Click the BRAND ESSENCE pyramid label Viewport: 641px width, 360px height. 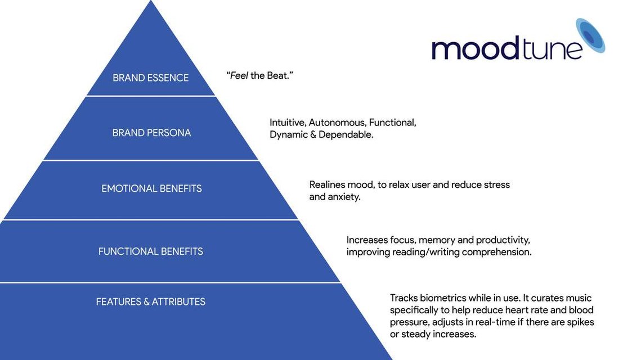[150, 78]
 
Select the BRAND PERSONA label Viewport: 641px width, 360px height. [151, 133]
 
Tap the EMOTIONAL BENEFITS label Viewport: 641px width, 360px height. [151, 188]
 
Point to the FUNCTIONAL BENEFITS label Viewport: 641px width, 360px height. [150, 251]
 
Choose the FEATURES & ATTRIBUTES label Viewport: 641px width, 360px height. [150, 301]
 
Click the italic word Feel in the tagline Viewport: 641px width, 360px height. [239, 75]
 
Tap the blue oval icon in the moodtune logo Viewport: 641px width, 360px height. [590, 35]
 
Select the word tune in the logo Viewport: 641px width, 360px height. [552, 48]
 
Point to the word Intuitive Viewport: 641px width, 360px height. [288, 123]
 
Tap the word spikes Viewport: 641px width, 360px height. [580, 322]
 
